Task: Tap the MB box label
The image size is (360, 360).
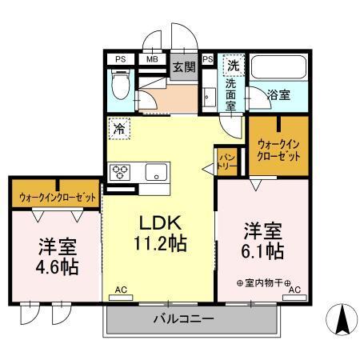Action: point(151,58)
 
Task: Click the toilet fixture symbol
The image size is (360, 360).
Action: point(120,87)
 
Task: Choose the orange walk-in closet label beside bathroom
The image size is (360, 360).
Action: point(279,150)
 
